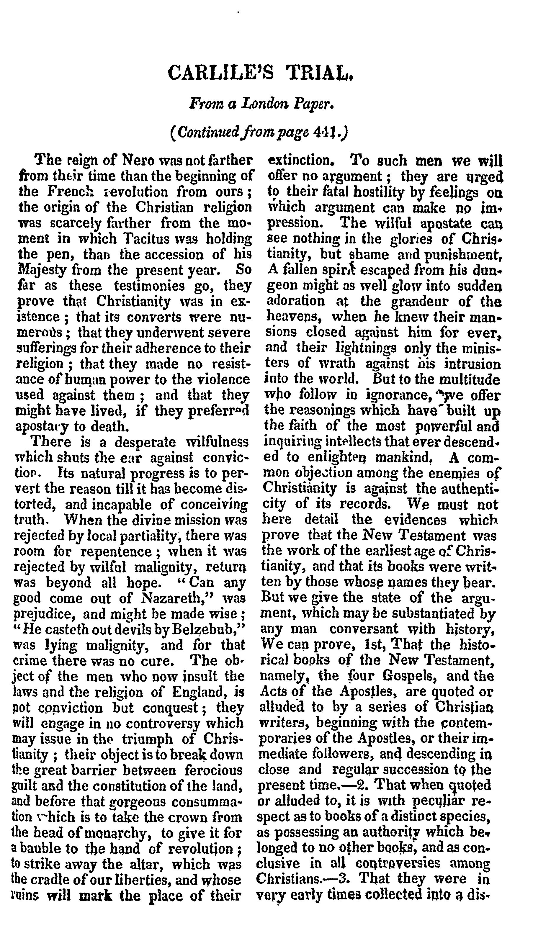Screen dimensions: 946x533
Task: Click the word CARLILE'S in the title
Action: click(x=220, y=72)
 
